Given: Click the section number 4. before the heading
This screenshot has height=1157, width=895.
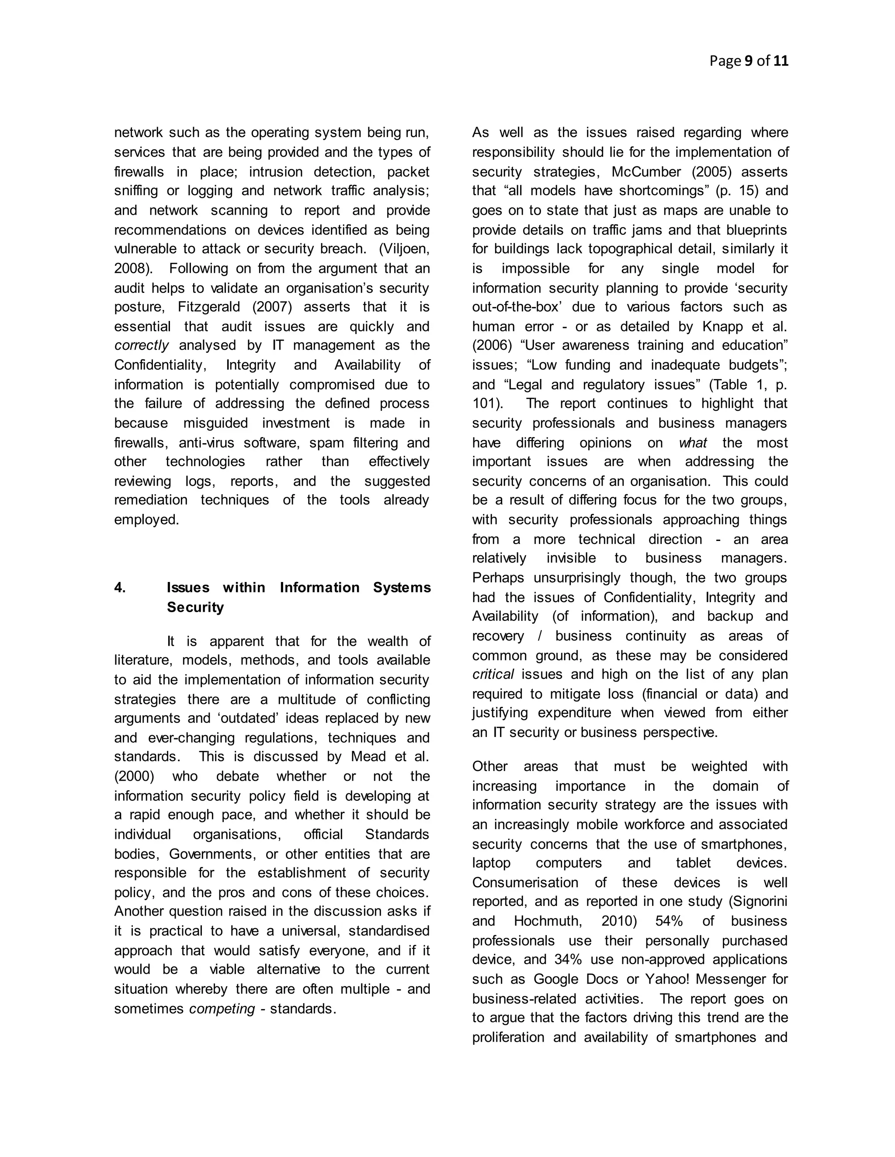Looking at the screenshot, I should pos(120,588).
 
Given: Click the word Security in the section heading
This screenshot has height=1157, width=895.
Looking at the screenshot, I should pos(195,607).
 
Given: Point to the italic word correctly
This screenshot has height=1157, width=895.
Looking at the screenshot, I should pos(142,345).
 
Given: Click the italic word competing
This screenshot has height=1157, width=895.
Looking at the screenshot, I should pos(222,1009).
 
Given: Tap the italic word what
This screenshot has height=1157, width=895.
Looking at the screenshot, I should pos(693,443).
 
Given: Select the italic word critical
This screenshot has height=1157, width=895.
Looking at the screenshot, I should pos(493,675).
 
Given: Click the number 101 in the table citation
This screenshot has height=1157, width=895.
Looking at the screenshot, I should pos(484,404).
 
